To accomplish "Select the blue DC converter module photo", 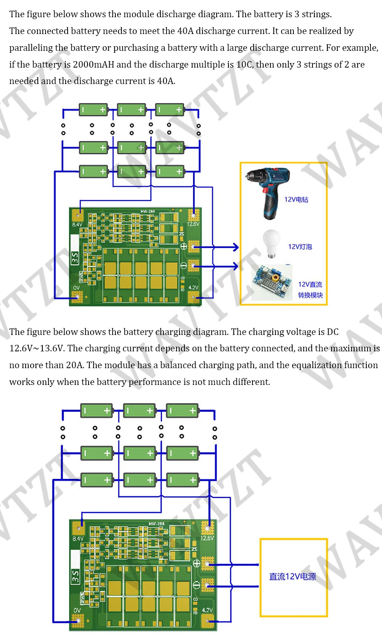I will [x=271, y=283].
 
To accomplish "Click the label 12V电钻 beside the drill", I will [x=296, y=199].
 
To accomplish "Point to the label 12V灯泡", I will [x=300, y=247].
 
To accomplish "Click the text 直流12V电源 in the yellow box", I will [x=293, y=577].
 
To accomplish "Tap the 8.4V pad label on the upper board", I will [x=77, y=225].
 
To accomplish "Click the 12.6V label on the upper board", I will [x=193, y=224].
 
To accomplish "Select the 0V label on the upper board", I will [x=76, y=288].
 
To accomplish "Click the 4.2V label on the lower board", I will [x=207, y=610].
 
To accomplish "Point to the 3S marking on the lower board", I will [x=76, y=576].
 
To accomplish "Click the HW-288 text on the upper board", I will [x=147, y=211].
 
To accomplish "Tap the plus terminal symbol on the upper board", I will [x=183, y=246].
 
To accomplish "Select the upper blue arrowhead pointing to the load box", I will [x=235, y=247].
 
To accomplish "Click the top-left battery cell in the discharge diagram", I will [x=93, y=110].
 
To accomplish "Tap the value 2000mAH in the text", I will [x=94, y=64].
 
